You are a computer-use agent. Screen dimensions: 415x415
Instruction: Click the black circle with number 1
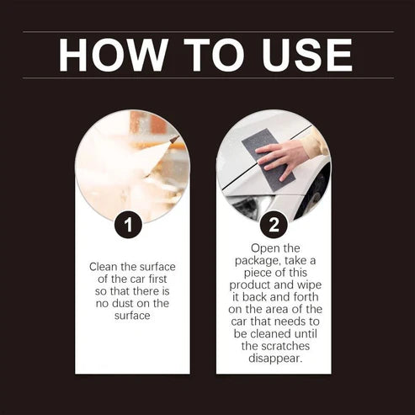point(128,225)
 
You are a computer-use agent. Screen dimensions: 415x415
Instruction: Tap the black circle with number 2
point(274,225)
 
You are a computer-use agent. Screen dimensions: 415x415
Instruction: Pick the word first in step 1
point(149,279)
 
